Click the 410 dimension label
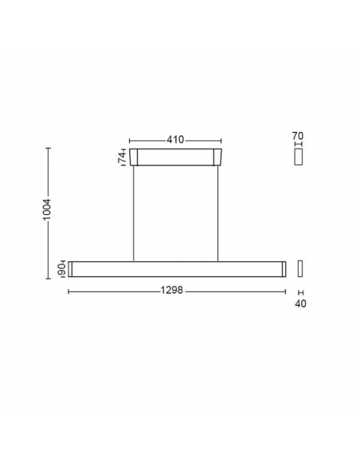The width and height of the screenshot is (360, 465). click(x=175, y=139)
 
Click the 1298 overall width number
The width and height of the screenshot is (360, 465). click(x=174, y=291)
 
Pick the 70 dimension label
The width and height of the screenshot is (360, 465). click(x=299, y=136)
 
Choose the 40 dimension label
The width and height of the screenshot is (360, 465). click(x=301, y=303)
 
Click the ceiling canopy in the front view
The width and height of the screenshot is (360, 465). click(x=175, y=158)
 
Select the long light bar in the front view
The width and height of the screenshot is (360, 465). click(x=175, y=269)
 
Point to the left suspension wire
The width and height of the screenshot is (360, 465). click(x=133, y=213)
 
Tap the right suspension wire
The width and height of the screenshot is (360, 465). click(x=217, y=213)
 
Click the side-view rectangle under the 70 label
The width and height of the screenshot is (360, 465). click(x=299, y=158)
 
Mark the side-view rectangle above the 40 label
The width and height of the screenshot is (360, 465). click(x=300, y=269)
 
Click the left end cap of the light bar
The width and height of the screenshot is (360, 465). click(x=71, y=269)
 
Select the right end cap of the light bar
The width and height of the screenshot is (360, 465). click(x=280, y=269)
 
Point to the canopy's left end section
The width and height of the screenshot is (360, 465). click(x=133, y=158)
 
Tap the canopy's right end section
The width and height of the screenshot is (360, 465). click(x=217, y=158)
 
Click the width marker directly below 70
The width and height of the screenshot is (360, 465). click(x=299, y=145)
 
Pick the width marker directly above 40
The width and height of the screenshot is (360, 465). click(x=300, y=292)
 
